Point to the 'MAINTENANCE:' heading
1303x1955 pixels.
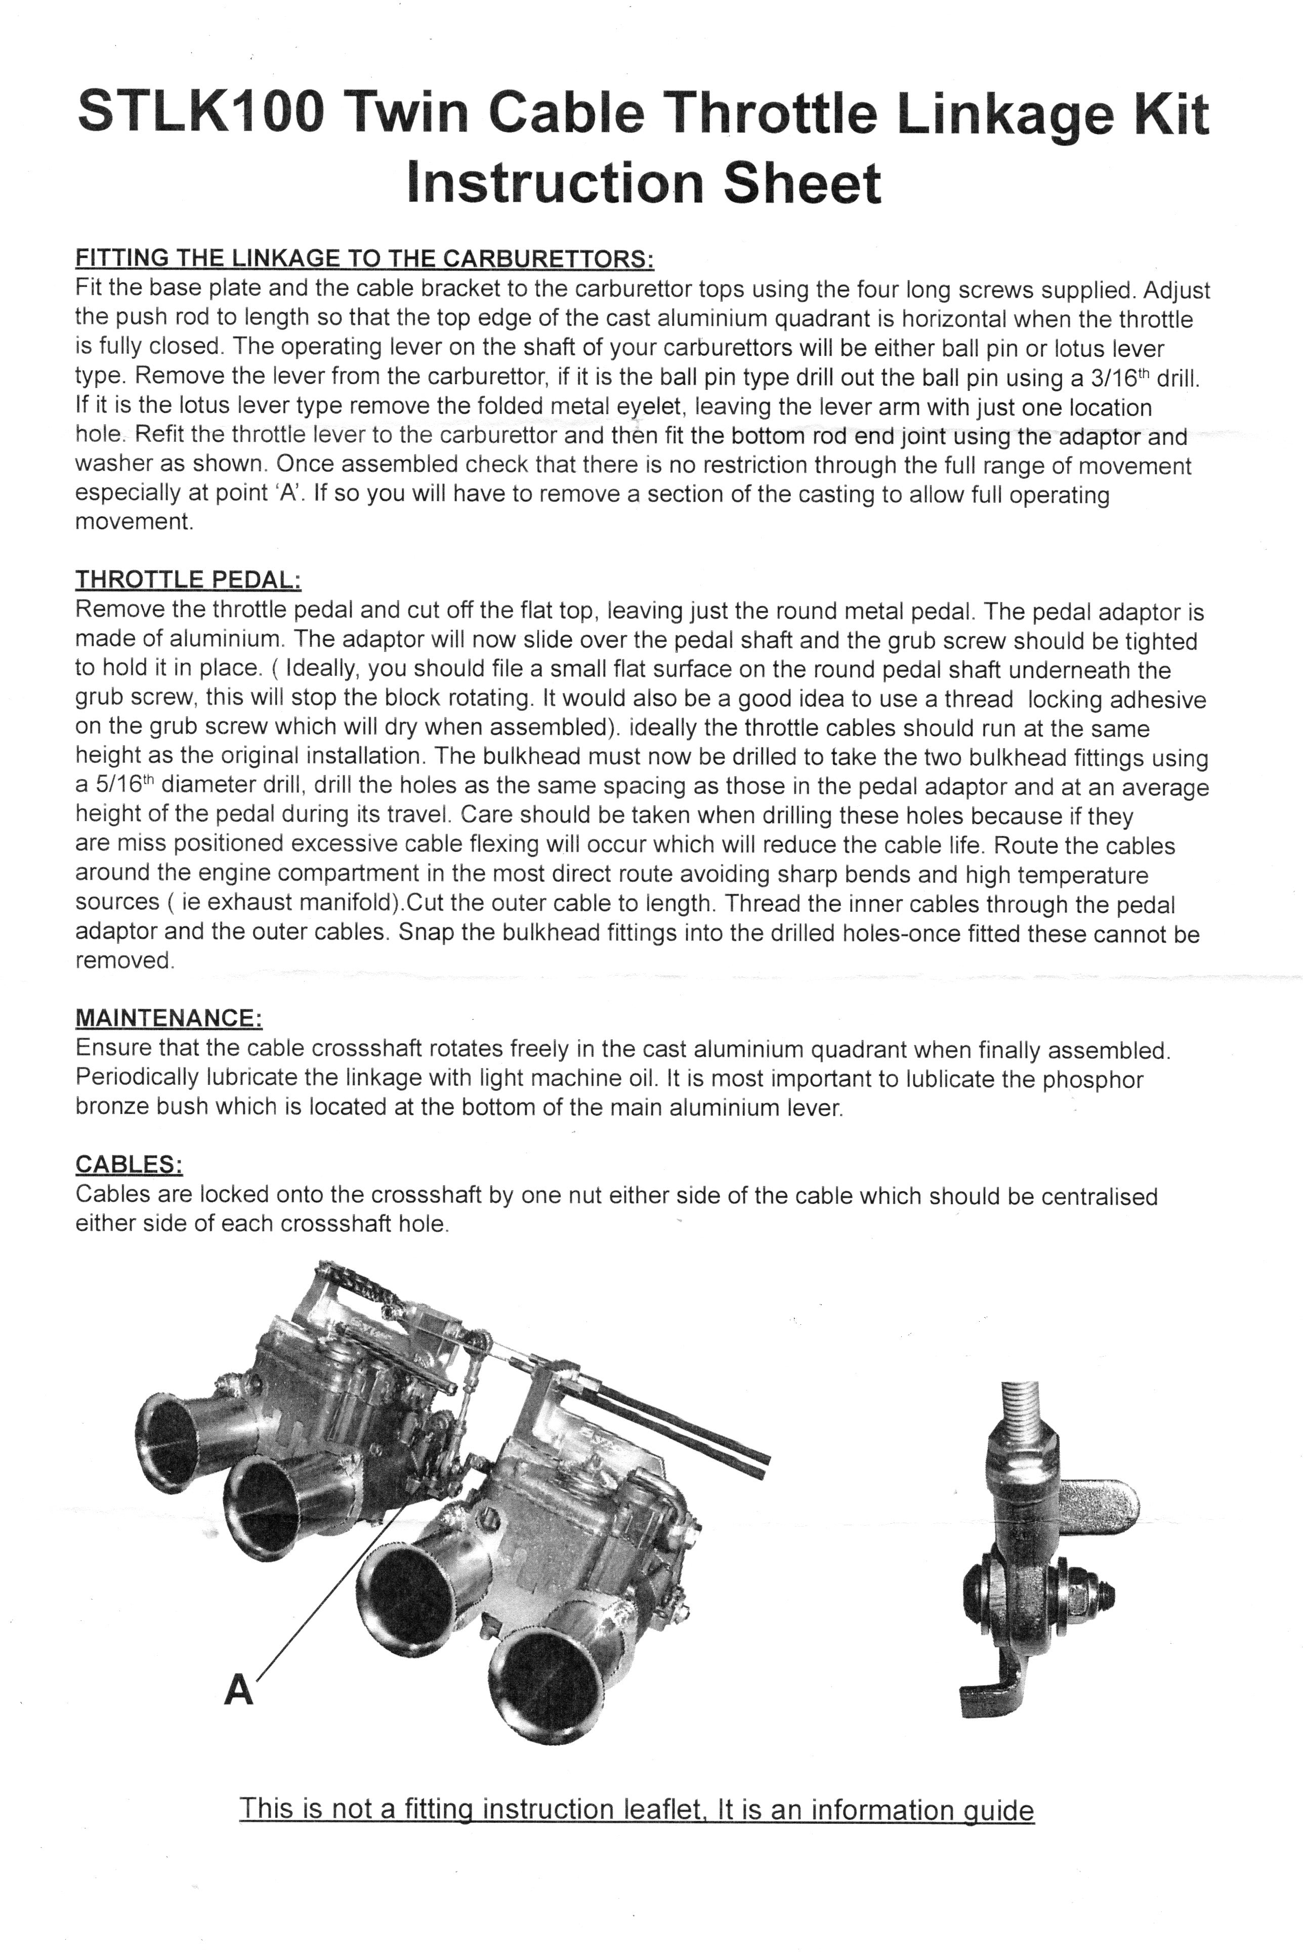tap(169, 1018)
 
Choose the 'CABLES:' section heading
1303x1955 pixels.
tap(129, 1164)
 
